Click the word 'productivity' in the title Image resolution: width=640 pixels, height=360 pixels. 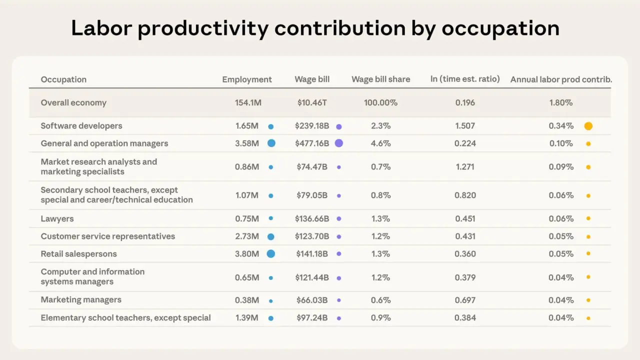(203, 28)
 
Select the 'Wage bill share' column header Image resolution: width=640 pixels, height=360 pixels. (381, 79)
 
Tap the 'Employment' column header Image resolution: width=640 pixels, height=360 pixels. (247, 79)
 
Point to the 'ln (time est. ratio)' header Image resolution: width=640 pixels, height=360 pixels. (465, 79)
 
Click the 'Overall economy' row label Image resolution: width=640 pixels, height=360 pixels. (73, 102)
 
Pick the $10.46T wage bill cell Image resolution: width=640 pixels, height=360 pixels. (312, 102)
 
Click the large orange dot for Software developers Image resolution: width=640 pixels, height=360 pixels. (588, 126)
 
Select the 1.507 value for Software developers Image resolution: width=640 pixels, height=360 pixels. (465, 125)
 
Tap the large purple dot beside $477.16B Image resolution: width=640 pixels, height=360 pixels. (339, 143)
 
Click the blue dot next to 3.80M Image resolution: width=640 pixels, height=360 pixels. (271, 253)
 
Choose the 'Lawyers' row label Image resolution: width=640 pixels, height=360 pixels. (57, 219)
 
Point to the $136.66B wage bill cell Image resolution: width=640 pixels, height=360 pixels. (312, 219)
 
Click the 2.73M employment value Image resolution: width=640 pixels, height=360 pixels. (247, 236)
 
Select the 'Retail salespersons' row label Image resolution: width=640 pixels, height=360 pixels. (79, 254)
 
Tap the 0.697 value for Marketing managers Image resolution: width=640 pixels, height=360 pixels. (465, 300)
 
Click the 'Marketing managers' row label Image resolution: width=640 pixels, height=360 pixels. (81, 299)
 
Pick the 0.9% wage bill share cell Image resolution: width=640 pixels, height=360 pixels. (381, 317)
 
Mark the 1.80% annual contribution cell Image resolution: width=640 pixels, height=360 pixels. (561, 102)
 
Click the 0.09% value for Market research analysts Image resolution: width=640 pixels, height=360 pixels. (561, 167)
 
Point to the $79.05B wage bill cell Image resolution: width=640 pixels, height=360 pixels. (312, 195)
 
